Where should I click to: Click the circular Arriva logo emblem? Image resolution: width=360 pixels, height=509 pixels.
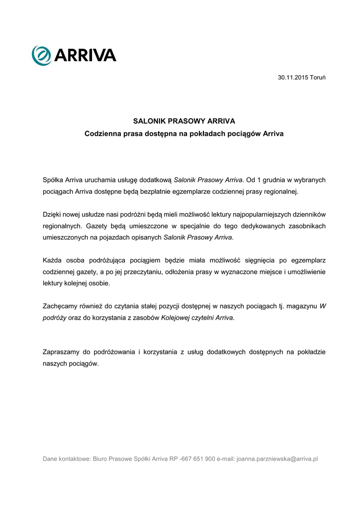41,55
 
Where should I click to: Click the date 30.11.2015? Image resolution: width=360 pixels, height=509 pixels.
293,78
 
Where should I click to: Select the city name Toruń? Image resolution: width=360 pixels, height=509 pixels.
318,78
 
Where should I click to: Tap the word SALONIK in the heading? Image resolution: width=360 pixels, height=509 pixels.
149,121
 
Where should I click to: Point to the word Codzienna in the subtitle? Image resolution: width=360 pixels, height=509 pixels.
103,134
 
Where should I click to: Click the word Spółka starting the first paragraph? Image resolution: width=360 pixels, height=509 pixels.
53,179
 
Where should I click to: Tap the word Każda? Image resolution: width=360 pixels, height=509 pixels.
52,260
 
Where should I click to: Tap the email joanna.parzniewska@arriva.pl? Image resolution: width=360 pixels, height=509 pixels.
277,459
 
